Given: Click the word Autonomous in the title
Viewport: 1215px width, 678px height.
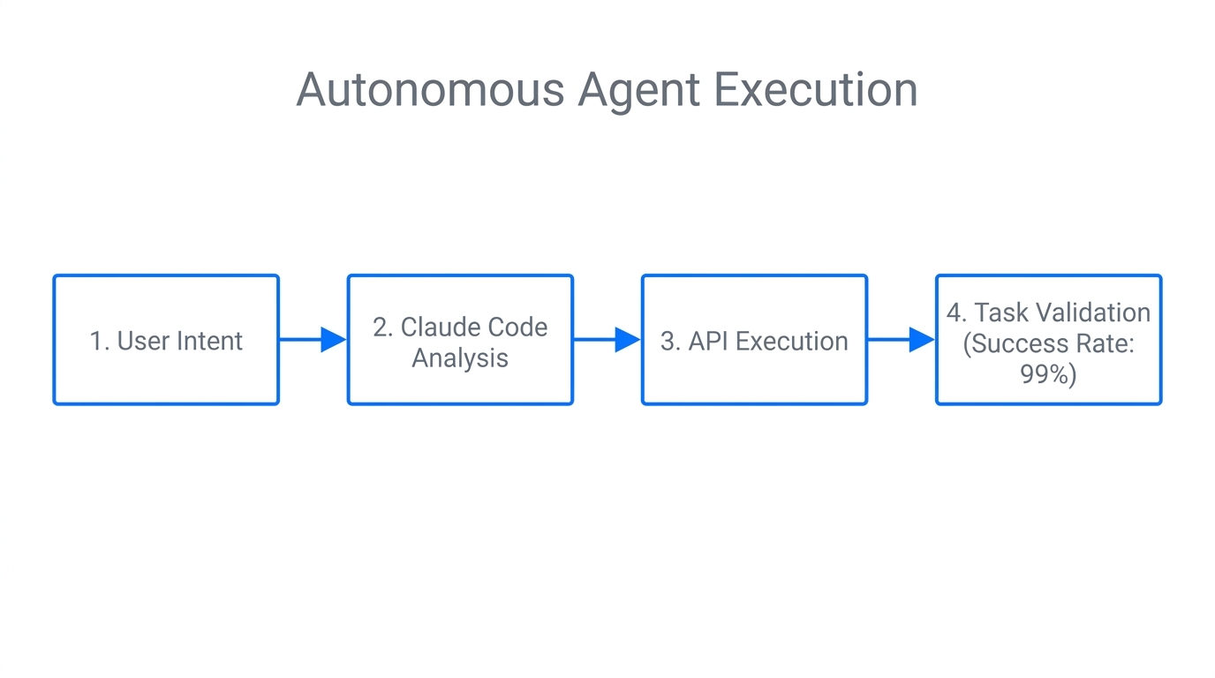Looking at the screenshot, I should coord(430,89).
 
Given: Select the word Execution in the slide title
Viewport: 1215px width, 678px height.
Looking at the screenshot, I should coord(815,89).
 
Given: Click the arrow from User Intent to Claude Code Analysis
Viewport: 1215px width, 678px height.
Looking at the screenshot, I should coord(313,339).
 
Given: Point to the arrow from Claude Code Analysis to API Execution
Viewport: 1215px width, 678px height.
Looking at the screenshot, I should coord(607,339).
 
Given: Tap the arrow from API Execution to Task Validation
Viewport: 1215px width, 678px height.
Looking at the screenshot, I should coord(901,339).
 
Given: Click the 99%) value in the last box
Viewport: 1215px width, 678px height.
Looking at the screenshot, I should coord(1048,374).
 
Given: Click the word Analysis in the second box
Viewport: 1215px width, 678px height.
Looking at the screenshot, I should coord(460,358).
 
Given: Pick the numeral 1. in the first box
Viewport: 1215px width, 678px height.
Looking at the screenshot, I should coord(100,342).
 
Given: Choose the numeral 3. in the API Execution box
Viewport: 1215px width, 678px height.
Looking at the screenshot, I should coord(670,342).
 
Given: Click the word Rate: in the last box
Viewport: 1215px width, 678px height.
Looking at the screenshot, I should coord(1106,343).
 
